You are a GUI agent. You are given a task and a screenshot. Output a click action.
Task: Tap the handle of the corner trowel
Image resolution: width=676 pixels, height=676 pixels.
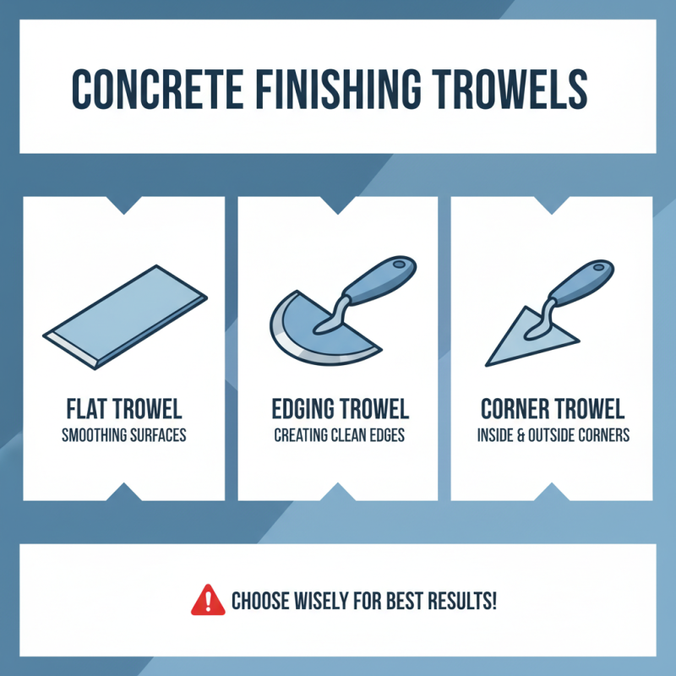click(x=582, y=278)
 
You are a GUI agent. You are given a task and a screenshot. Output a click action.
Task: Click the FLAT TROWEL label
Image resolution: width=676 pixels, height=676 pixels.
click(x=123, y=411)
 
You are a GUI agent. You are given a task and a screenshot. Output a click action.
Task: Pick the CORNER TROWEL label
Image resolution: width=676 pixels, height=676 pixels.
click(x=553, y=411)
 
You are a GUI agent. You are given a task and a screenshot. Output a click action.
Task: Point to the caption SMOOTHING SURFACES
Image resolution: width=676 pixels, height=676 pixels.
click(x=123, y=437)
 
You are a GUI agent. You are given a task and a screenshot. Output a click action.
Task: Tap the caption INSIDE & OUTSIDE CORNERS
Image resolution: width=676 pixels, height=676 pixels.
click(x=553, y=437)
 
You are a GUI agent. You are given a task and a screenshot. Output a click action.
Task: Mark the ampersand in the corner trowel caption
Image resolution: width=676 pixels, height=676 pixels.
click(x=526, y=437)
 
